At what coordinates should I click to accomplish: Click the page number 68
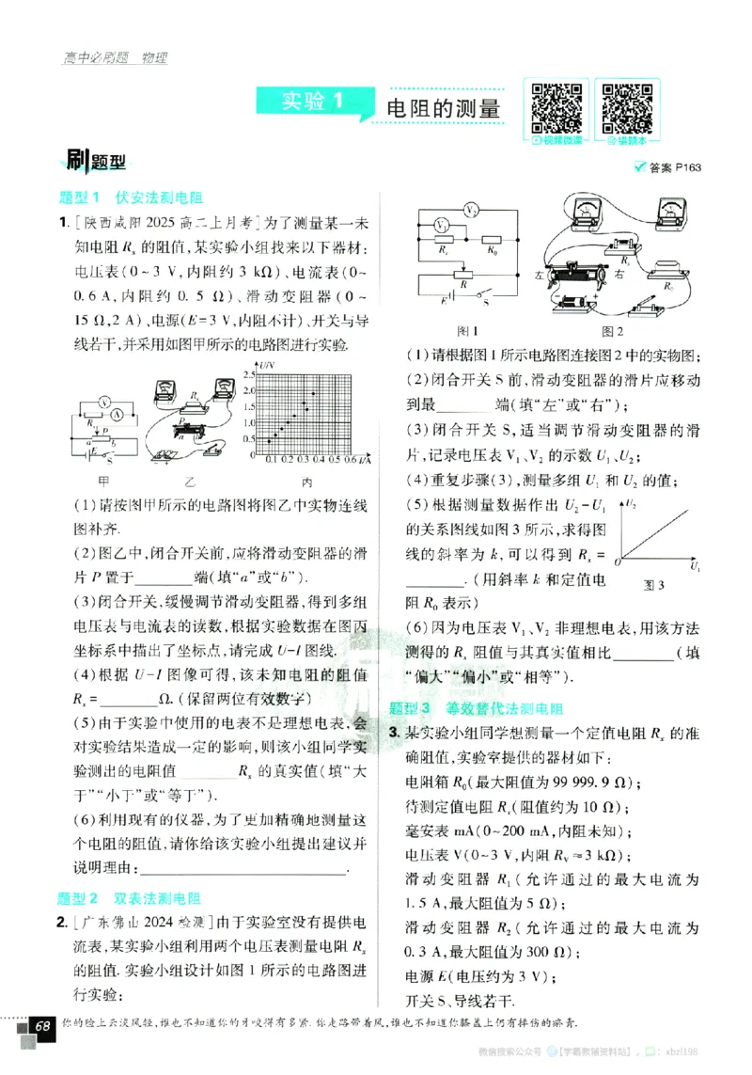(x=42, y=1026)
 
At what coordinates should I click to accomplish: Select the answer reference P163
(x=675, y=168)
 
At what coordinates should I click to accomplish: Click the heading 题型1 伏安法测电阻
(x=132, y=198)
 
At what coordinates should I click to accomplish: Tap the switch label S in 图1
(x=486, y=303)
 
